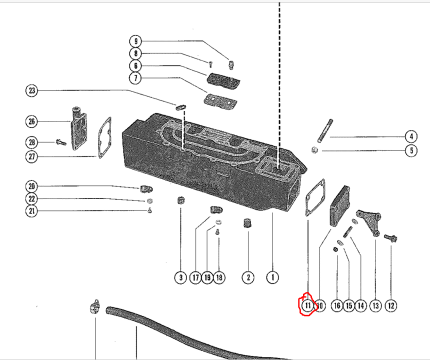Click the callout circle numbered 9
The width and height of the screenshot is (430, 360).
tap(135, 41)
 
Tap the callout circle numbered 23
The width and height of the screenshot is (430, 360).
tap(32, 90)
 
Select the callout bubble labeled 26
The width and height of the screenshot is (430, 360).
tap(32, 121)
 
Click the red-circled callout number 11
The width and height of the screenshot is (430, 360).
tap(307, 305)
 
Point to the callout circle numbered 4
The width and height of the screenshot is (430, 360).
tap(411, 136)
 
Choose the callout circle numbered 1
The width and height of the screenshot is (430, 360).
tap(272, 277)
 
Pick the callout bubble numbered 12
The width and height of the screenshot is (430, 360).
tap(391, 305)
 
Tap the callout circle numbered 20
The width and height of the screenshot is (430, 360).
tap(32, 186)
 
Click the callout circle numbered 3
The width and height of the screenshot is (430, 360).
tap(180, 277)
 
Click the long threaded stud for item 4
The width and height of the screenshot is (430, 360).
tap(325, 131)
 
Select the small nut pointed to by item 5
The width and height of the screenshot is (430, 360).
tap(315, 150)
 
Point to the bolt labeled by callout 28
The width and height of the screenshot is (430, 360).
tap(61, 142)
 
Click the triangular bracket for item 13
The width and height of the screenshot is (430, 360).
tap(368, 222)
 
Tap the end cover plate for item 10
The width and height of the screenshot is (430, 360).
tap(340, 205)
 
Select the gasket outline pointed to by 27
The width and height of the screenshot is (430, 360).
tap(104, 137)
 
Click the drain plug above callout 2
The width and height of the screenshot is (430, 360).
tap(247, 223)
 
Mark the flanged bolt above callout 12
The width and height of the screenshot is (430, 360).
tap(391, 237)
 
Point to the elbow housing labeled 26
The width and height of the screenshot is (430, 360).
tap(78, 128)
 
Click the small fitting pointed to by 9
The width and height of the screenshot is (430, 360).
tap(231, 64)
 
